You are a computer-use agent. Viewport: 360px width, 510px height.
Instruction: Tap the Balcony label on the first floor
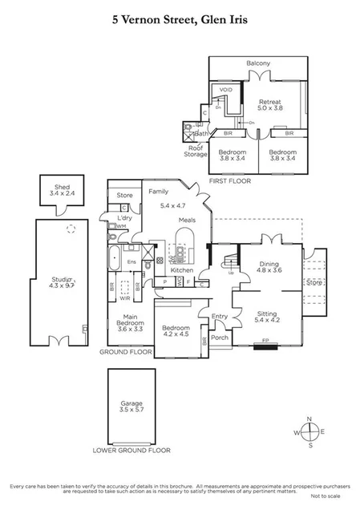click(257, 63)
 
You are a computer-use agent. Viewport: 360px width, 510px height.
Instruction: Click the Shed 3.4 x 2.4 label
click(56, 190)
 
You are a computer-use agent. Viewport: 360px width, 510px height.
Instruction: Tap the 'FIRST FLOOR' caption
click(229, 181)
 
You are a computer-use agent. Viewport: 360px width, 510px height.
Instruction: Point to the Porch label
click(219, 338)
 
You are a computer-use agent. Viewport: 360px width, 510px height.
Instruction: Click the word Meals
click(188, 220)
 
